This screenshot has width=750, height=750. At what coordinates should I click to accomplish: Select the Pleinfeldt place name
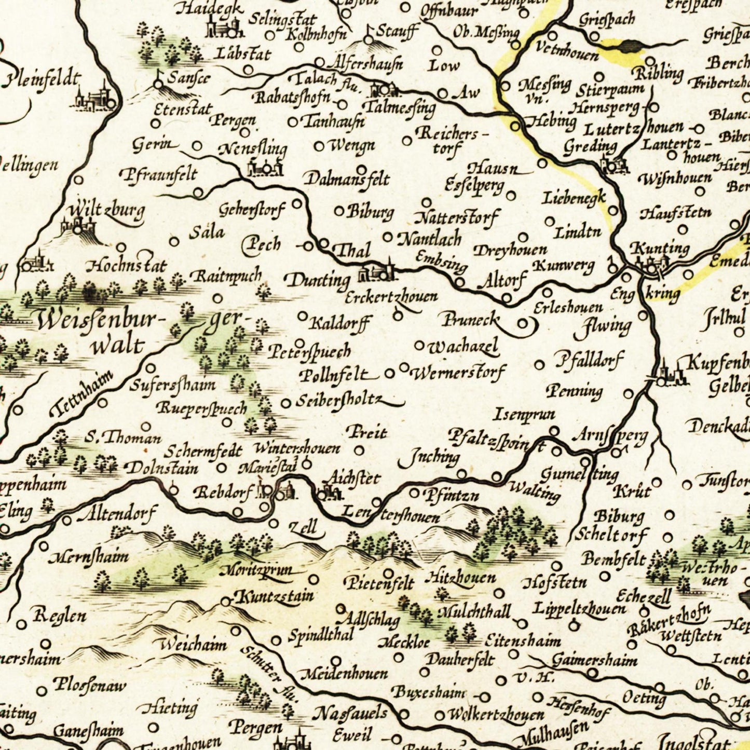coord(43,80)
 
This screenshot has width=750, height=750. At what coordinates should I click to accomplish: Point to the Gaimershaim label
coord(594,661)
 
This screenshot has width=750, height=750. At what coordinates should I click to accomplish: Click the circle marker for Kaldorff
coord(302,316)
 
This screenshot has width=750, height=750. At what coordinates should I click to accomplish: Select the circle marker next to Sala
coord(174,241)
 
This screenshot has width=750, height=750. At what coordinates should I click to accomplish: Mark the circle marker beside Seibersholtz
coord(285,403)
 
